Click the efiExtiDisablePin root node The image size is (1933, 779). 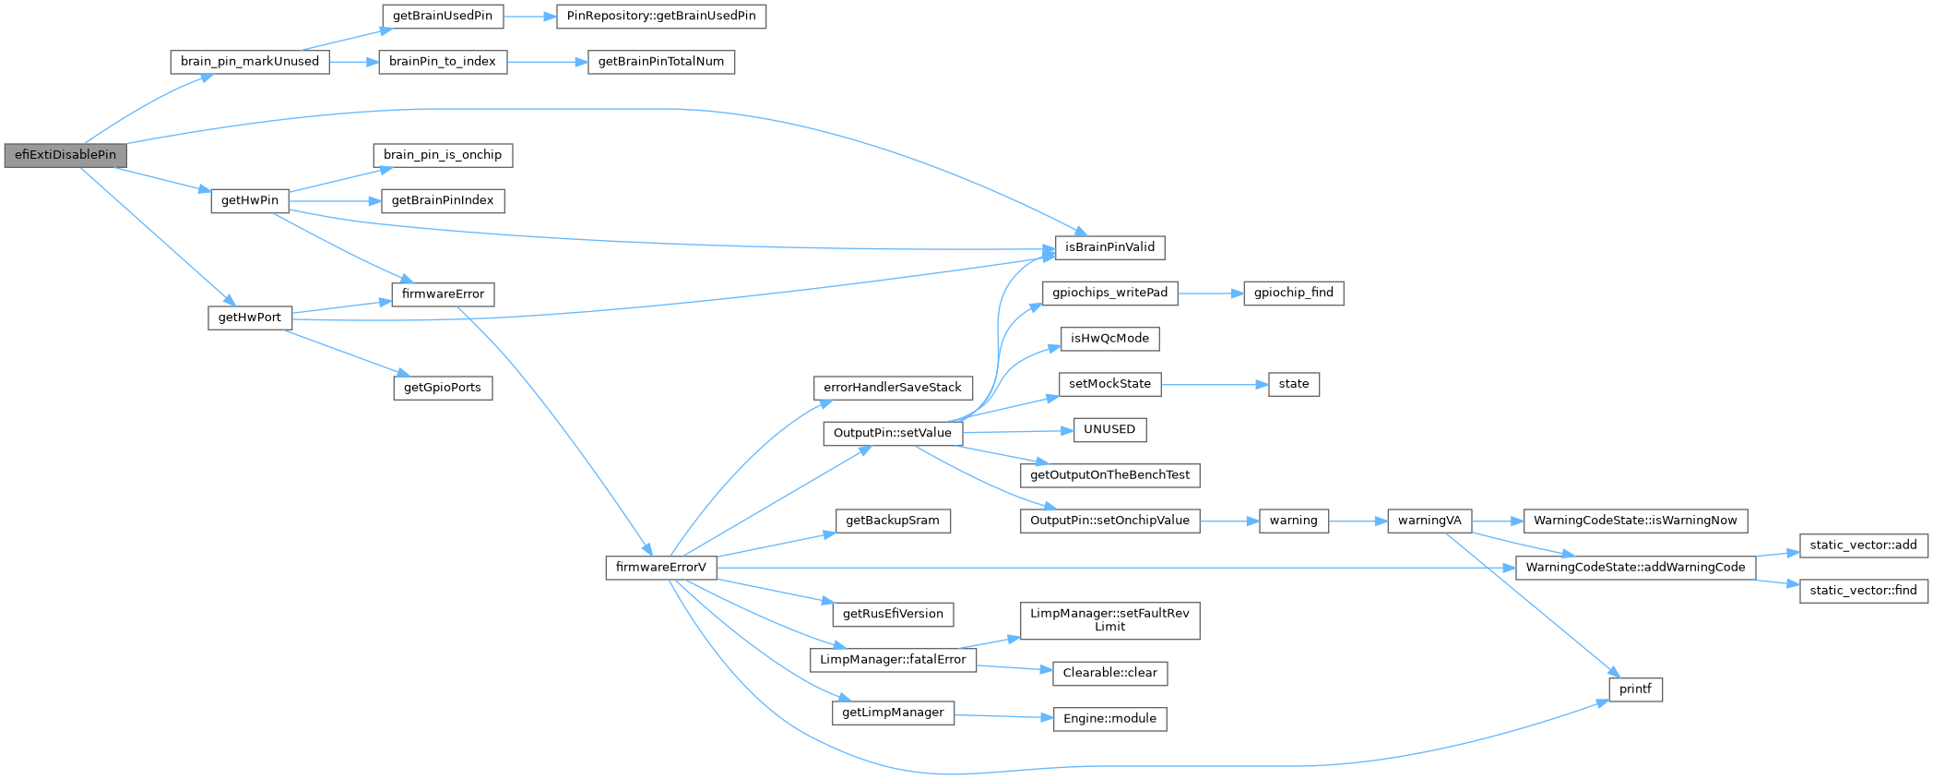point(65,155)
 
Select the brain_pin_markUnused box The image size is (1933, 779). point(249,62)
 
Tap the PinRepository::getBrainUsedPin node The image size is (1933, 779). point(660,16)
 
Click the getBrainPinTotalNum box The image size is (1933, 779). point(660,62)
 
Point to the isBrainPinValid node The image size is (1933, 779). point(1109,247)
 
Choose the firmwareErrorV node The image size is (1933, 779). point(660,568)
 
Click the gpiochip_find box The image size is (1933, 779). point(1293,293)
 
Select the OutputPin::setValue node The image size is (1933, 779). point(892,433)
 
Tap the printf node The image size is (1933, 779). point(1635,689)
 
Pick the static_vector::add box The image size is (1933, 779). point(1863,545)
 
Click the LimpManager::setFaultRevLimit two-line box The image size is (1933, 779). point(1109,620)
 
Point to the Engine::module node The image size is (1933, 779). point(1109,719)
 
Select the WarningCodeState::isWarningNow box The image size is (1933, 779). point(1635,521)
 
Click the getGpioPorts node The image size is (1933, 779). point(443,388)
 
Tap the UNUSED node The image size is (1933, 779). point(1109,429)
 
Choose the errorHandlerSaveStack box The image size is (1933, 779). point(892,388)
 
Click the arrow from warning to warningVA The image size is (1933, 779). point(1358,521)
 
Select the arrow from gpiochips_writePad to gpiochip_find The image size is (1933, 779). point(1210,293)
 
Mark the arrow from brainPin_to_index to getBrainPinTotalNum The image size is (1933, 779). point(547,62)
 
